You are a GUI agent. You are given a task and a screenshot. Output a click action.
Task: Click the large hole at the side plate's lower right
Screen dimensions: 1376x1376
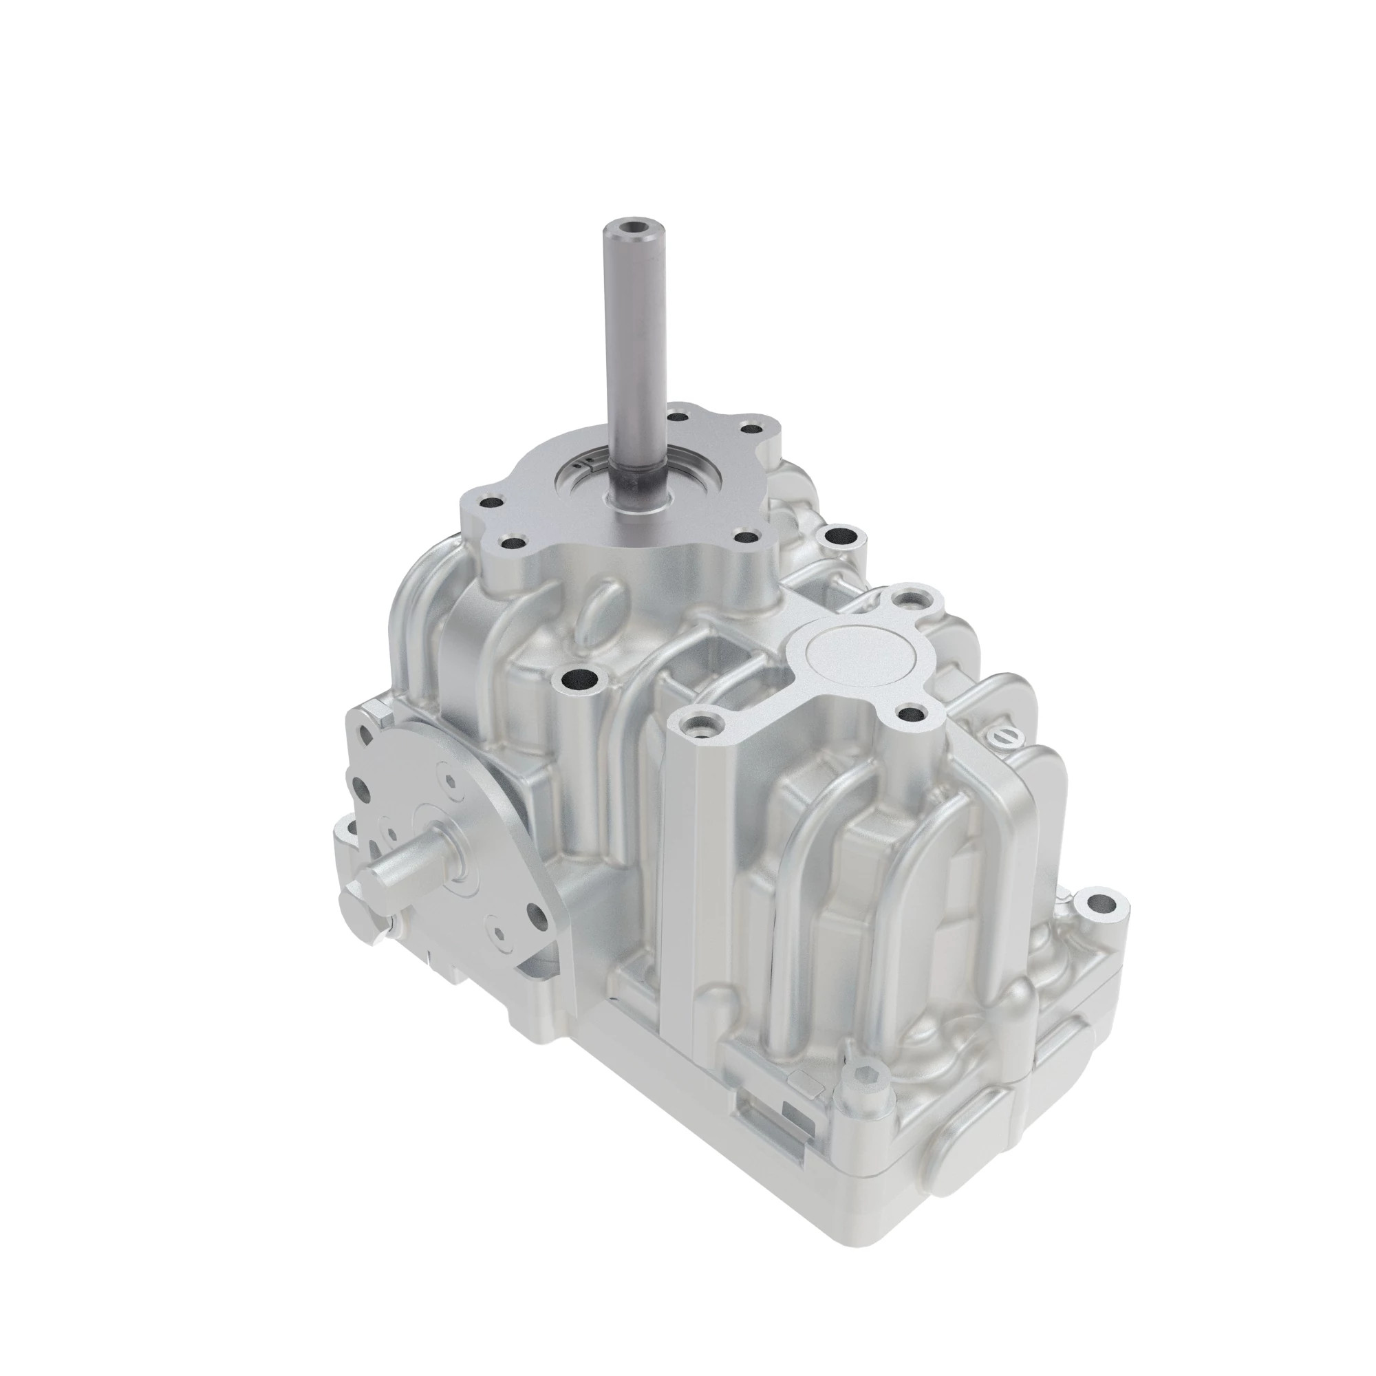pos(535,919)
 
